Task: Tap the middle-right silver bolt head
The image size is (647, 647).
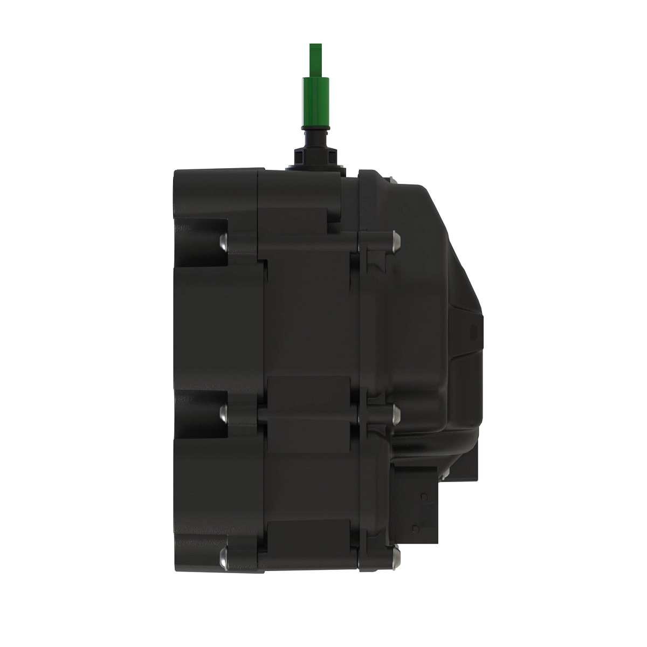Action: coord(396,414)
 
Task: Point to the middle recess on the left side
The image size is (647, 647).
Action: coord(199,412)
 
